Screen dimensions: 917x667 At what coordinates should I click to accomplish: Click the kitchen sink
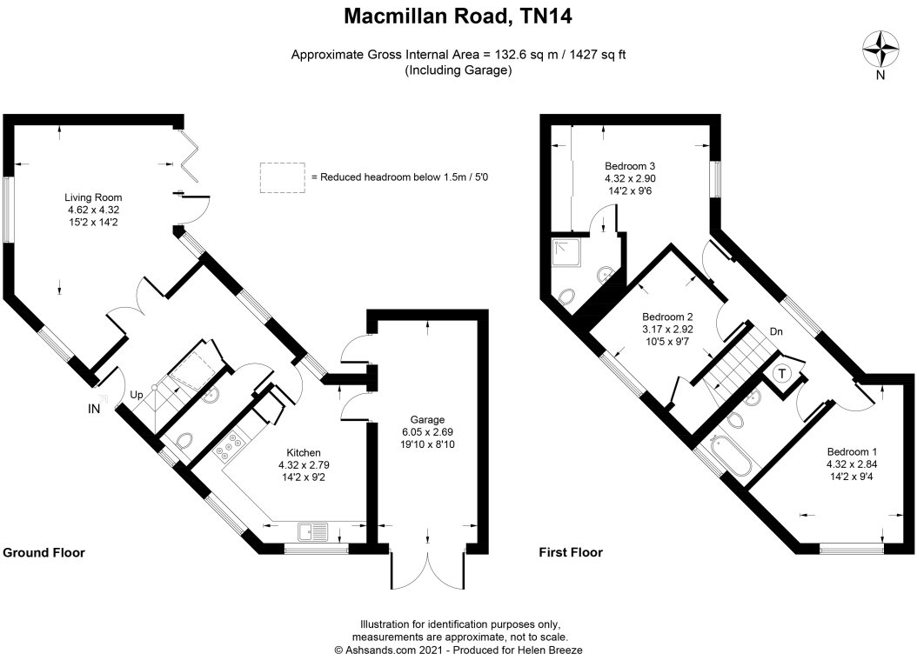(313, 532)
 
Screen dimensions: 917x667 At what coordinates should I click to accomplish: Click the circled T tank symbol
(782, 373)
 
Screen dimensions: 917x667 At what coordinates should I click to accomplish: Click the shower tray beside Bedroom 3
(566, 250)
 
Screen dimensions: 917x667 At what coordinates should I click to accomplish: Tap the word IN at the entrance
(94, 410)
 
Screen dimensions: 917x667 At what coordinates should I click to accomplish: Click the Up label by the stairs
(137, 395)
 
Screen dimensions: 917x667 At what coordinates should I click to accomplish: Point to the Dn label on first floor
(775, 331)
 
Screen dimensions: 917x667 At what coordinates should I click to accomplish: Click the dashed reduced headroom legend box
(283, 177)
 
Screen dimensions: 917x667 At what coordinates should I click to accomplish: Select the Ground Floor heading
(44, 553)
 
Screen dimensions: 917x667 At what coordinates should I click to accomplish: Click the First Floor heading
(571, 552)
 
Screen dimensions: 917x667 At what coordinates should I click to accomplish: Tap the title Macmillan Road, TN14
(458, 17)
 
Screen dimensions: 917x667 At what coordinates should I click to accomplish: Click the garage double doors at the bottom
(428, 569)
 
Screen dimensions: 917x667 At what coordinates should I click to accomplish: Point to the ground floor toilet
(184, 440)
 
